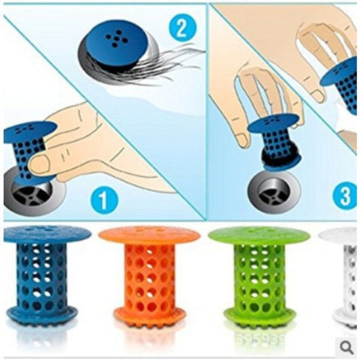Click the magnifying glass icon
346,346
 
